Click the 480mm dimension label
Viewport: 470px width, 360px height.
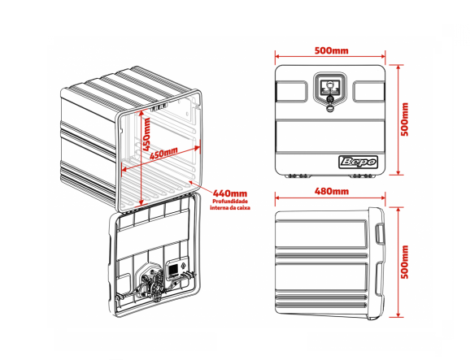[332, 191]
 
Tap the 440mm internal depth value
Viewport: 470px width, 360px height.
[230, 193]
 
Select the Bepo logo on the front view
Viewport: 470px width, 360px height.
[358, 162]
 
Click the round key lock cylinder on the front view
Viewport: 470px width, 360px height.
[329, 98]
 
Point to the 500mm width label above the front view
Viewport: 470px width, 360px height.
[332, 50]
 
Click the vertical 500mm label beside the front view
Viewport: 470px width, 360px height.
[405, 119]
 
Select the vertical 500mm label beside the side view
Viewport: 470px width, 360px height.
[405, 262]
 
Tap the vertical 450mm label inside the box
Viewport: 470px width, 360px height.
[146, 134]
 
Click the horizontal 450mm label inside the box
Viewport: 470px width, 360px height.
[163, 153]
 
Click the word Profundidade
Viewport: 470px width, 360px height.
[230, 202]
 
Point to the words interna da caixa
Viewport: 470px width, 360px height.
[230, 207]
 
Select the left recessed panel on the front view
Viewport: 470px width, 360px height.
[291, 91]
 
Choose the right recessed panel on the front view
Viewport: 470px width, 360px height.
[368, 91]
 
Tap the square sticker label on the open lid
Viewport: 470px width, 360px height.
[173, 269]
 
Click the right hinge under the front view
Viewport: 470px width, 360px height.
[362, 176]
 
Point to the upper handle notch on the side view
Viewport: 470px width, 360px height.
[380, 232]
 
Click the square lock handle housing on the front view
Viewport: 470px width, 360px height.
[329, 89]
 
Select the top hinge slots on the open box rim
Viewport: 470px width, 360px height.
[159, 107]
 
